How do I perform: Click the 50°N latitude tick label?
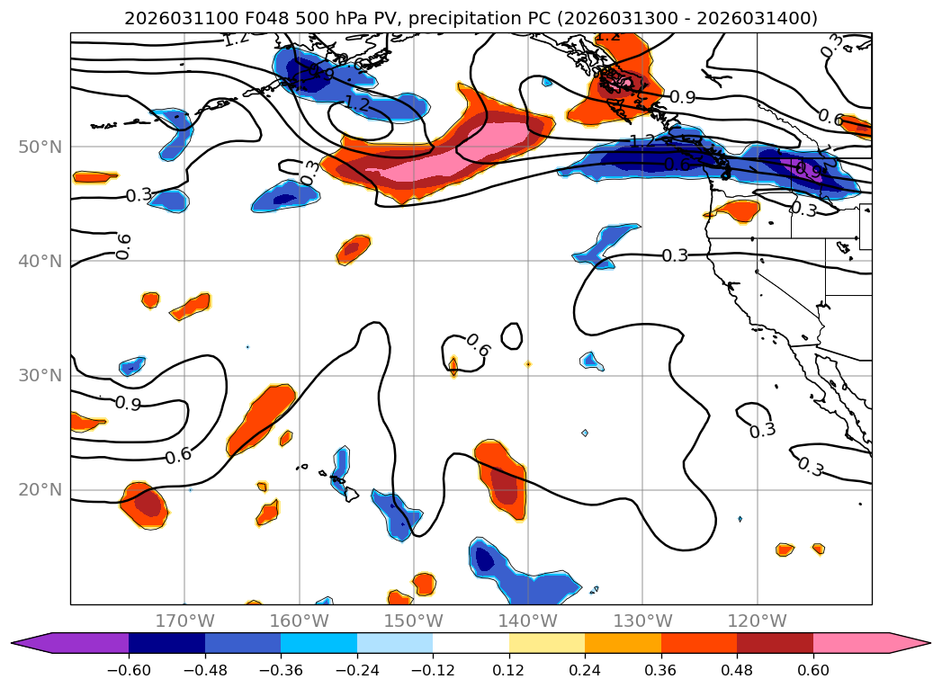point(40,147)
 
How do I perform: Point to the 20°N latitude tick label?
point(40,490)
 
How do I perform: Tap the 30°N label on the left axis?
point(40,376)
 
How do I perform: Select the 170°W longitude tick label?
point(184,621)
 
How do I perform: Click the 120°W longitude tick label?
point(757,621)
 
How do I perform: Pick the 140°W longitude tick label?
point(528,621)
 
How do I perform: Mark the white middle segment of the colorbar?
point(471,643)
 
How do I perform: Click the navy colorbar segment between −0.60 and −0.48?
point(166,643)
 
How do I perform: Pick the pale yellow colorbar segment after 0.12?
point(547,643)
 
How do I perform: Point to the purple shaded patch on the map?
point(803,168)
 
